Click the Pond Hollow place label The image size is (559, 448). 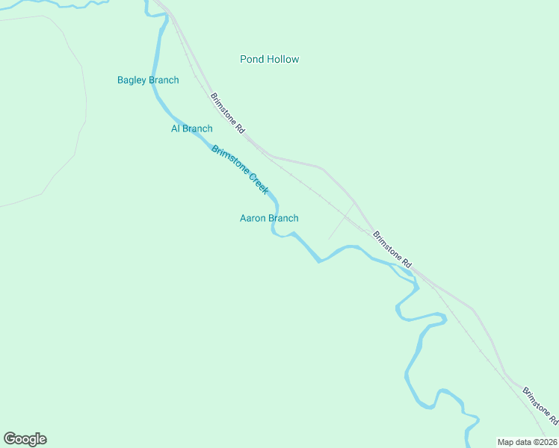(x=269, y=59)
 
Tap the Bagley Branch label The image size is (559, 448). (x=148, y=80)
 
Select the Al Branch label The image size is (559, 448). (x=191, y=128)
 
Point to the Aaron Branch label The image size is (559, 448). (x=268, y=218)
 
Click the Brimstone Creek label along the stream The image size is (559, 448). (x=240, y=169)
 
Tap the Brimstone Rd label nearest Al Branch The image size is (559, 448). (x=228, y=113)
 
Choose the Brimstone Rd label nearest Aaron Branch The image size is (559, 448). (x=392, y=249)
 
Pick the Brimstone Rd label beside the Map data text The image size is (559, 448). (x=540, y=407)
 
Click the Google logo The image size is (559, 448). (x=25, y=439)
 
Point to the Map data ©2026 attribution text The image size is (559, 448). (x=526, y=441)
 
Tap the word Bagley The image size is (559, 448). (x=132, y=80)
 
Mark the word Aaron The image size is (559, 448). (x=253, y=218)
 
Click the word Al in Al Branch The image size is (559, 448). (x=176, y=128)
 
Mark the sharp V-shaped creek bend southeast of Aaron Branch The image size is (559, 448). (x=319, y=261)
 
